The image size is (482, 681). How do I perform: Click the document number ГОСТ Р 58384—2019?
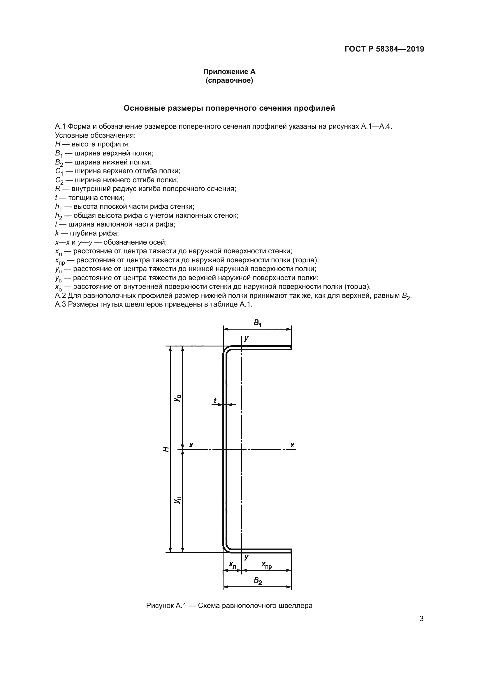384,49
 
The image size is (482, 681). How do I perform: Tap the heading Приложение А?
229,72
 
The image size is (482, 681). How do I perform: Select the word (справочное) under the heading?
229,80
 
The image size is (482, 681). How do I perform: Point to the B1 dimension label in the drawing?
257,323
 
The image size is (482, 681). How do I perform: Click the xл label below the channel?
232,565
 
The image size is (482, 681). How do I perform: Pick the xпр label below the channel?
266,565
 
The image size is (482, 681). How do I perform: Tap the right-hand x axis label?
292,445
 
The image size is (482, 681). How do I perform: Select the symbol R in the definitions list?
58,189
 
